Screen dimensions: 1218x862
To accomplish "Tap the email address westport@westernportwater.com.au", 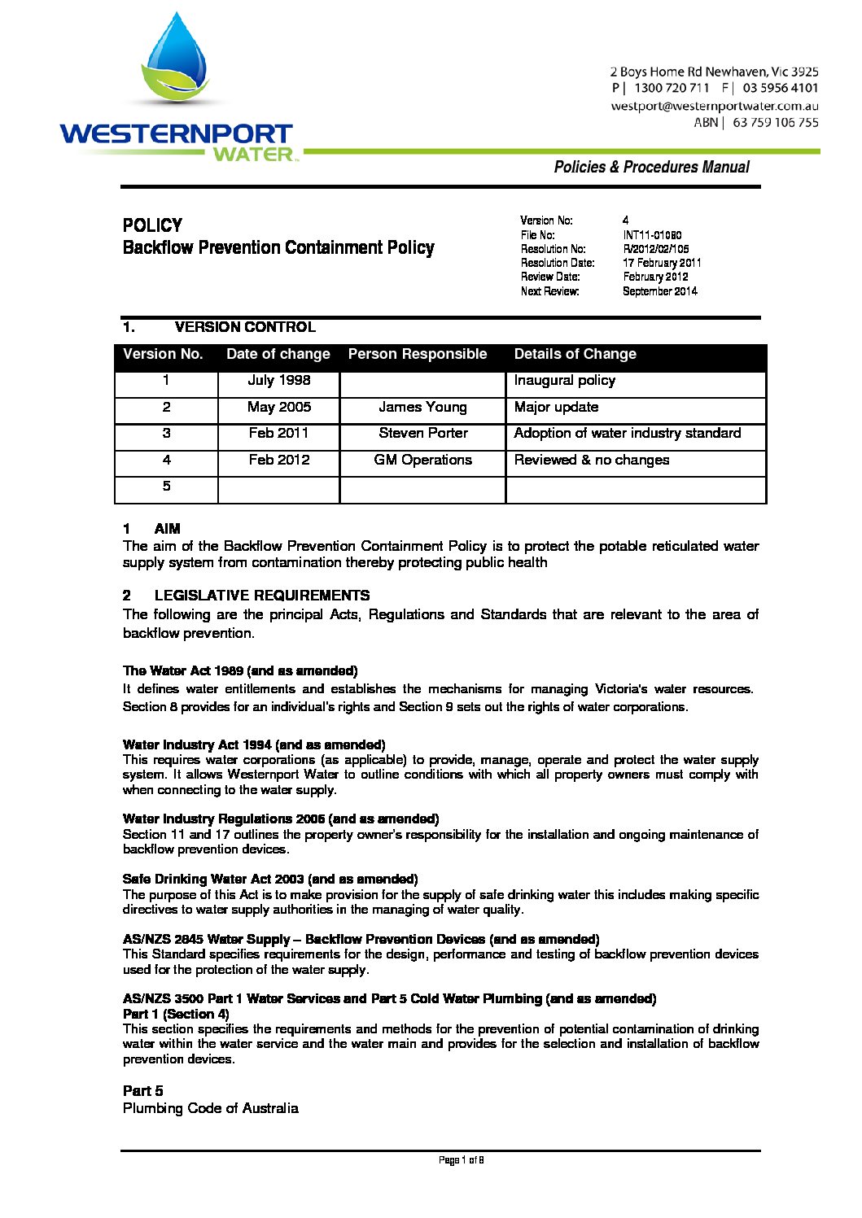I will click(x=714, y=106).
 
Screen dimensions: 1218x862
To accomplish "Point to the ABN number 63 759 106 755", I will click(x=775, y=123).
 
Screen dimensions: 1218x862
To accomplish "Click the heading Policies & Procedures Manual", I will click(x=651, y=167).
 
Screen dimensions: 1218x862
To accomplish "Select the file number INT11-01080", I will click(x=652, y=235).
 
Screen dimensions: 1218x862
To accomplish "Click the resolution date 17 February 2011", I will click(x=662, y=263).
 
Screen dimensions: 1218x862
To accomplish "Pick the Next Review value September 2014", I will click(x=659, y=291).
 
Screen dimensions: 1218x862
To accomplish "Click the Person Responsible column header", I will click(x=417, y=354).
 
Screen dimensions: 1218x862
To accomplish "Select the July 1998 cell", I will click(x=278, y=380).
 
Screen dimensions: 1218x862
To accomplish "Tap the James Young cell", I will click(x=422, y=407).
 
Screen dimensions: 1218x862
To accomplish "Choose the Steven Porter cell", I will click(x=422, y=433).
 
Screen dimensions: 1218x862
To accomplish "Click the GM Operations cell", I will click(x=422, y=460).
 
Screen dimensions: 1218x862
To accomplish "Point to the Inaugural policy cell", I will click(x=564, y=380).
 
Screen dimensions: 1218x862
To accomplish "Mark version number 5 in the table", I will click(x=166, y=486).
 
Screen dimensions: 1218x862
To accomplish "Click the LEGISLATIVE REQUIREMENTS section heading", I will click(x=261, y=596).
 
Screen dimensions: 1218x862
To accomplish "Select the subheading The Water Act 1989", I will click(x=240, y=671).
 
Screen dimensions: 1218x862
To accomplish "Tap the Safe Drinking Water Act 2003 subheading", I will click(x=270, y=880).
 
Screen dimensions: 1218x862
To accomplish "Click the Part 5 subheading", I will click(x=142, y=1091).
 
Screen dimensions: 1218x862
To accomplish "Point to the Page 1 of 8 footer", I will click(x=461, y=1160).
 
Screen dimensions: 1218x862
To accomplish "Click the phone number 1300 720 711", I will click(x=671, y=88).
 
